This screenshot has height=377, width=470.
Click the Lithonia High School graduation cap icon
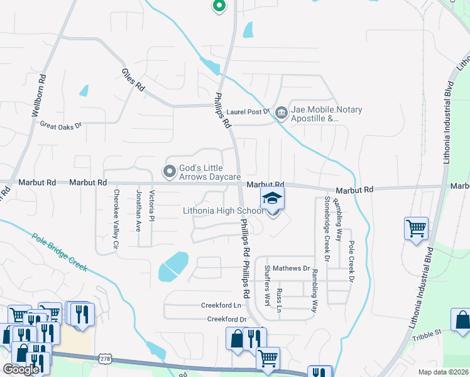pos(272,199)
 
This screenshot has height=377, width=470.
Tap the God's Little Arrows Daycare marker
pos(169,171)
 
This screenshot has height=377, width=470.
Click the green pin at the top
pos(219,6)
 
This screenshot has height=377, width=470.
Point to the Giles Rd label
pos(133,80)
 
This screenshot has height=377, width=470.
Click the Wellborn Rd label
pos(39,96)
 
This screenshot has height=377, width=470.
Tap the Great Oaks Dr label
pos(61,126)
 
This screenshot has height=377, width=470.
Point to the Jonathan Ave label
pos(139,210)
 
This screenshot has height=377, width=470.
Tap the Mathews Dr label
pos(292,268)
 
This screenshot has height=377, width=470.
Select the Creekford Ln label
pos(221,305)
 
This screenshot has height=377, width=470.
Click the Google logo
pos(21,369)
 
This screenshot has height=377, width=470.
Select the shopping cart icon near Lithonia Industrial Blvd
pos(416,229)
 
